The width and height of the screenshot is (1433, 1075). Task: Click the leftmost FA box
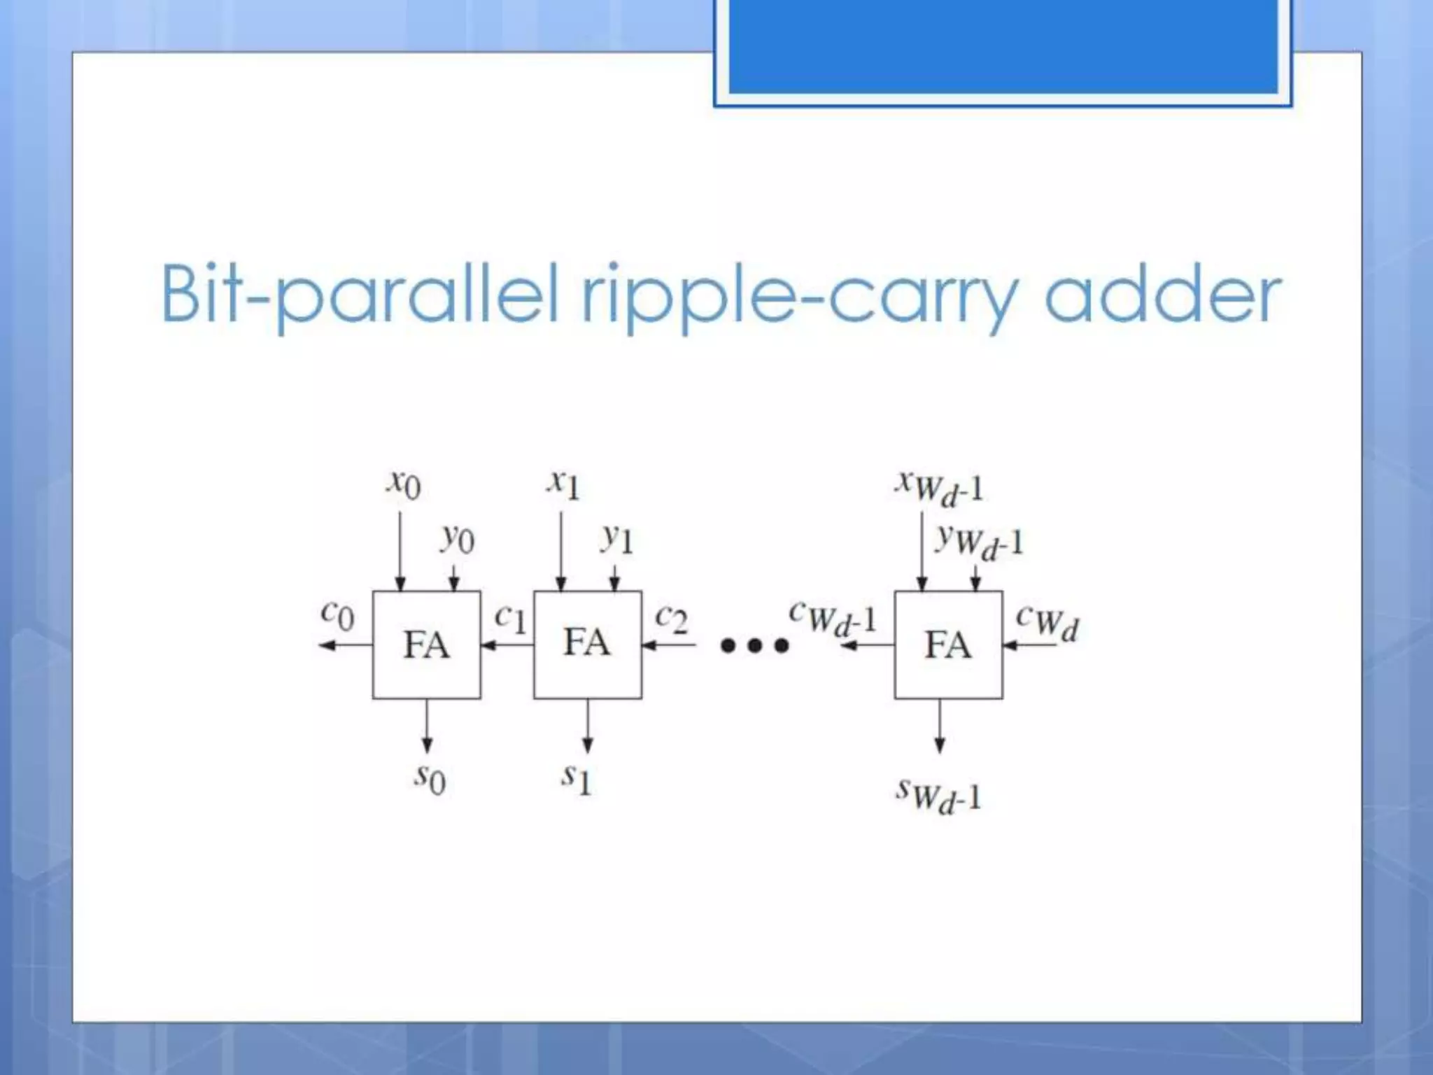[426, 645]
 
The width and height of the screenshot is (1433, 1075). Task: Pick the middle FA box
[587, 645]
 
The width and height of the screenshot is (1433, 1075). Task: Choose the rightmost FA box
[948, 645]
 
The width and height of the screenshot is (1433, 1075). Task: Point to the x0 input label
[404, 484]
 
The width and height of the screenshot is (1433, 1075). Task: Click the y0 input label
[458, 538]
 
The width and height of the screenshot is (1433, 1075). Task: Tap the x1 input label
[564, 484]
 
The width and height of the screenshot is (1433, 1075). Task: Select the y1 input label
[617, 538]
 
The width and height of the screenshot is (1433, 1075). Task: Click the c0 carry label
[337, 614]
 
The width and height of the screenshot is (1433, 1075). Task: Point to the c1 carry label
[510, 617]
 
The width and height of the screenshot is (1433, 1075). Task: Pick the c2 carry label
[671, 617]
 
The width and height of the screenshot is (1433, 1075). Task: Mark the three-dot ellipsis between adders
[754, 645]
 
